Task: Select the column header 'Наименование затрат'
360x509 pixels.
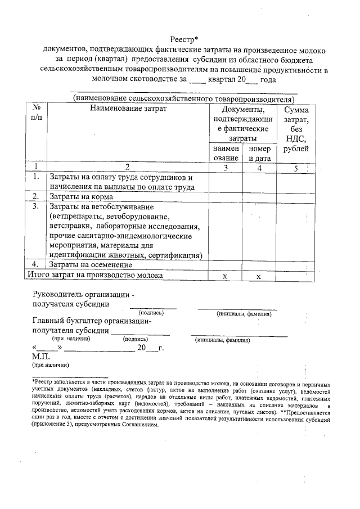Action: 129,109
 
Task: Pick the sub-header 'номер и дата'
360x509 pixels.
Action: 259,154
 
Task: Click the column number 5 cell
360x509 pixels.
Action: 295,167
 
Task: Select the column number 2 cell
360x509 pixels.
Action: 128,167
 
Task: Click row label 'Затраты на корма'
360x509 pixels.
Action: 82,197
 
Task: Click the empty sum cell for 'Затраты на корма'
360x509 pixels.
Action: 295,197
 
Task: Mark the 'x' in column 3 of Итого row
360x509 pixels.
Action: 224,276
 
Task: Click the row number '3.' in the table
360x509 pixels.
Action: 35,207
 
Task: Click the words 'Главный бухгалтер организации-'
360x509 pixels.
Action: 92,321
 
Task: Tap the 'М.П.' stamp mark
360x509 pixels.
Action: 41,357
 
